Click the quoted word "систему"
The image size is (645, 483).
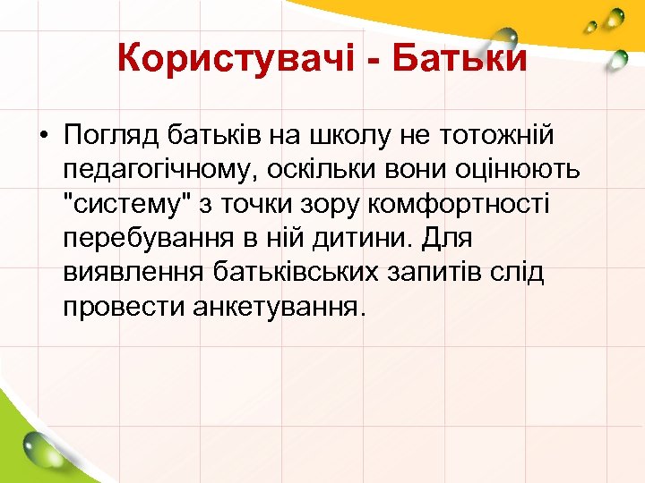click(x=125, y=204)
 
